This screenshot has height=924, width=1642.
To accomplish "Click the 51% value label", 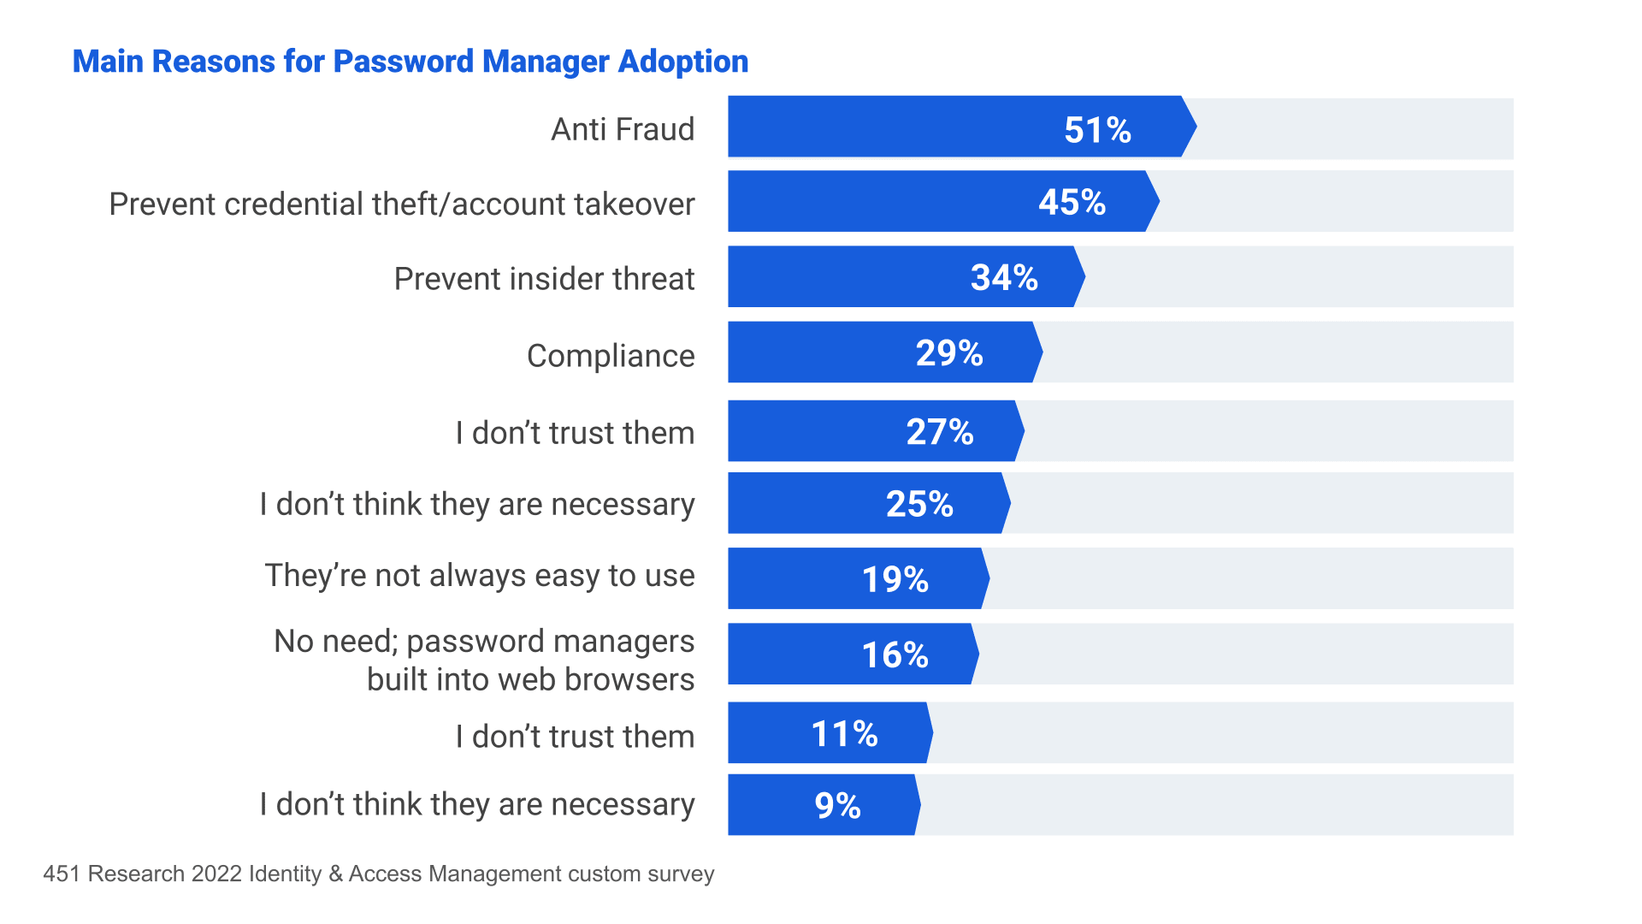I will (x=1097, y=130).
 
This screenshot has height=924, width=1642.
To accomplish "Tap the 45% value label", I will (x=1072, y=203).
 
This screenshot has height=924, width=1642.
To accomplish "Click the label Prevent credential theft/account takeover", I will (x=401, y=204).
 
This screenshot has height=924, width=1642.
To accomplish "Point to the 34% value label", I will (x=1004, y=278).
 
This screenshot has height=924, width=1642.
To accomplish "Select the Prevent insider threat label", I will (x=544, y=279).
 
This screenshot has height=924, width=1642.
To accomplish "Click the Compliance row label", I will (x=611, y=355).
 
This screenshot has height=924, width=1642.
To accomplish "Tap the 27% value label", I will (x=940, y=432).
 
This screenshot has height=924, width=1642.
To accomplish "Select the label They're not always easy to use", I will (x=479, y=576).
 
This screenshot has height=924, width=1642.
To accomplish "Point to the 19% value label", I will (x=895, y=580).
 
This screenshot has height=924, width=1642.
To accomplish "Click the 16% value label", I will (x=895, y=655).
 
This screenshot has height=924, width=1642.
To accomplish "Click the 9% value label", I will (x=837, y=806).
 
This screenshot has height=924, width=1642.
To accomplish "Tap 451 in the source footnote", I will (x=62, y=874).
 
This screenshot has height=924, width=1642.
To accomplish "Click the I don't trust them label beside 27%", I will (x=575, y=433).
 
